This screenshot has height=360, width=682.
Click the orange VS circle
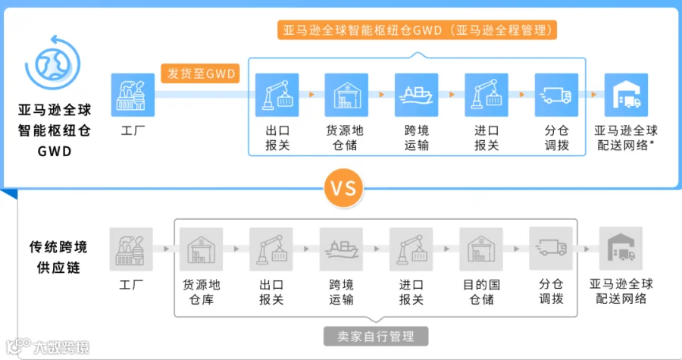[x=343, y=188]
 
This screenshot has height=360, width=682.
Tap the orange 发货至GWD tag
[x=201, y=74]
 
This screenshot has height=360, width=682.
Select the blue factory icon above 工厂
[x=133, y=95]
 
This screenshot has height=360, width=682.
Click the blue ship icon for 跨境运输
[x=416, y=95]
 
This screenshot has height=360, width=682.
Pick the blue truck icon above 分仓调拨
[x=556, y=95]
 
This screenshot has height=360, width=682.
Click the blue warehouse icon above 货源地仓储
[x=346, y=95]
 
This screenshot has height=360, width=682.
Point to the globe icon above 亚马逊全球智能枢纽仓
[x=53, y=63]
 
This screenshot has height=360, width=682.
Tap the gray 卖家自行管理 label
[x=376, y=337]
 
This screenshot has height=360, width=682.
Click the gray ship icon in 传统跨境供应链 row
[x=341, y=249]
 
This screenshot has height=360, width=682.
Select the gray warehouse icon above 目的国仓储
[x=481, y=249]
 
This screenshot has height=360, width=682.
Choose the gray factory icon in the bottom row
[x=131, y=249]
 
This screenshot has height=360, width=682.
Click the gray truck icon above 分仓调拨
[x=551, y=249]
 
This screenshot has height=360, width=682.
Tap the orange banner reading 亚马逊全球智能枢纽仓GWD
[x=417, y=30]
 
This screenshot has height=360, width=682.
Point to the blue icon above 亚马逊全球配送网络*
[x=627, y=95]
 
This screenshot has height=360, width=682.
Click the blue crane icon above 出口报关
[x=277, y=95]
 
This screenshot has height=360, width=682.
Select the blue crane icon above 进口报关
[x=486, y=95]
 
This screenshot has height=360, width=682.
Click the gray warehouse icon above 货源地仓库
[x=201, y=249]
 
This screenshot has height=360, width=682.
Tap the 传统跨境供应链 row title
[x=58, y=257]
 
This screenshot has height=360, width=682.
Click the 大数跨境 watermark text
[x=61, y=347]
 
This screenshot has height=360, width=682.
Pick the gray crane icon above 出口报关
[x=271, y=249]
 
